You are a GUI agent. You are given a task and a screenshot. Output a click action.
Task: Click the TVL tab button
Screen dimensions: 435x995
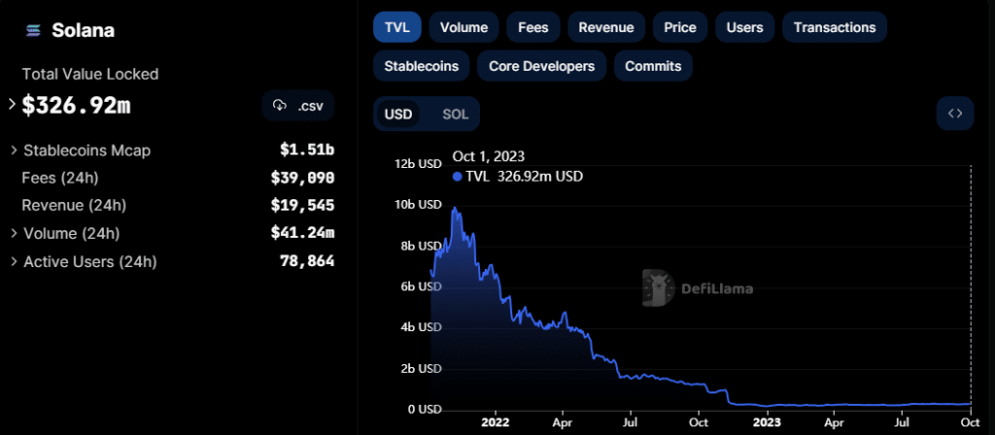click(395, 27)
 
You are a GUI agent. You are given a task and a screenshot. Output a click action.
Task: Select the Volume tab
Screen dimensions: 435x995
click(463, 27)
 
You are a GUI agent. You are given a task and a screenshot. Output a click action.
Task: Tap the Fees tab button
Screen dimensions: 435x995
click(532, 27)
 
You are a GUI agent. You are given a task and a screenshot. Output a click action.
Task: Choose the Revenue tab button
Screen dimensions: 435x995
click(605, 27)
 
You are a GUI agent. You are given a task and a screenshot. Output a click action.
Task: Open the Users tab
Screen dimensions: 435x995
click(744, 27)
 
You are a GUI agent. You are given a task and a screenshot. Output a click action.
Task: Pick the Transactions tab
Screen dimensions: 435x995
click(834, 27)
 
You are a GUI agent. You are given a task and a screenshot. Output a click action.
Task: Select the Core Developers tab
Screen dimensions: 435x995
click(541, 66)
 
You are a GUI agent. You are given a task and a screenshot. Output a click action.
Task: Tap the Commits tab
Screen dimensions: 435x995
click(653, 66)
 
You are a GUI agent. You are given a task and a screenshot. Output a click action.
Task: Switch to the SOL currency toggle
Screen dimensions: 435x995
click(455, 115)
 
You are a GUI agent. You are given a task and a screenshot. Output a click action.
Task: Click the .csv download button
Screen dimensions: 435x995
click(298, 105)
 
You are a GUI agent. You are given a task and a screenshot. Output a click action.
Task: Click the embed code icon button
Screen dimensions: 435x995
click(955, 114)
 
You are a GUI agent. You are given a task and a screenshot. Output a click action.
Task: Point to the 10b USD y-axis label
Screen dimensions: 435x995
click(418, 205)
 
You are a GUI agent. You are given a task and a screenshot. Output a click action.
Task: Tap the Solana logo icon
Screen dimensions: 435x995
click(33, 30)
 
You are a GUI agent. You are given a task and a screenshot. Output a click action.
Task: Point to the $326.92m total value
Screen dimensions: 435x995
click(76, 105)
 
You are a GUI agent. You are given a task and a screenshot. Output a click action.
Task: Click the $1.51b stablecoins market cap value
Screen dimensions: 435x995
click(307, 151)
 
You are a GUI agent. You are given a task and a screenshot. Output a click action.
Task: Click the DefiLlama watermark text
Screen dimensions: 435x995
click(717, 288)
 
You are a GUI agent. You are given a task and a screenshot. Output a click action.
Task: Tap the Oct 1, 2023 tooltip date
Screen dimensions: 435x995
click(490, 156)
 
